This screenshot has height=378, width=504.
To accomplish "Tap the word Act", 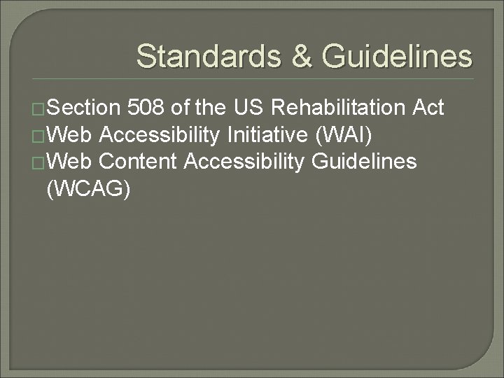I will pyautogui.click(x=428, y=108).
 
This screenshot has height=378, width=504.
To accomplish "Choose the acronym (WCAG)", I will pyautogui.click(x=87, y=188).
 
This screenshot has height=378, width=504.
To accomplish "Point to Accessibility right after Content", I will pyautogui.click(x=244, y=162).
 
